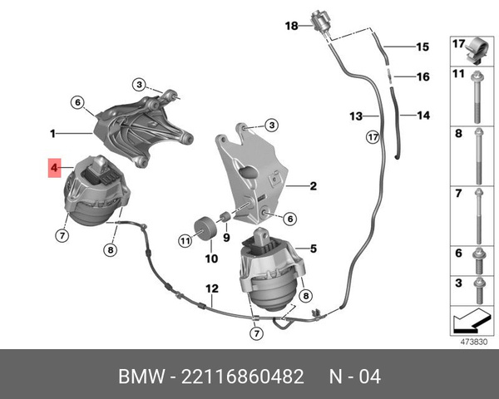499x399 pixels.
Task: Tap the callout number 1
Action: tap(52, 132)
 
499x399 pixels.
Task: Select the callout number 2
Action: tap(314, 186)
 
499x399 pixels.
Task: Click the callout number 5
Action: tap(313, 248)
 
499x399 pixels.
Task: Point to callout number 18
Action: tap(291, 26)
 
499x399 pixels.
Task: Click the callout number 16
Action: tap(422, 76)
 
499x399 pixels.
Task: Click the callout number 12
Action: tap(212, 288)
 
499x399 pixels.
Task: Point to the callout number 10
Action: tap(211, 259)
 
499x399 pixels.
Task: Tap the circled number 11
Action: tap(185, 240)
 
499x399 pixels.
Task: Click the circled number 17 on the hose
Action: tap(373, 135)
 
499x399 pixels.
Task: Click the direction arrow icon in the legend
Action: tap(470, 318)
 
